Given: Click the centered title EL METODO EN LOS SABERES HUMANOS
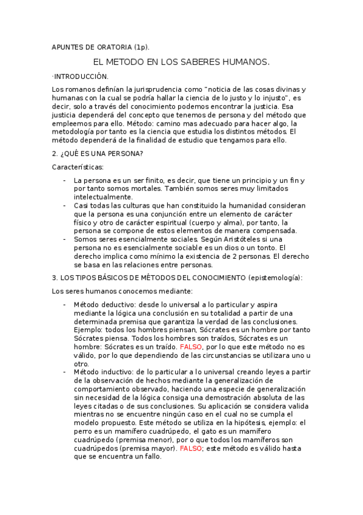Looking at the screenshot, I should tap(181, 62).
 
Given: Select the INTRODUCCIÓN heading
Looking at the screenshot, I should tap(80, 77).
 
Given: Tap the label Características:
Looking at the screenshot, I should tap(78, 166).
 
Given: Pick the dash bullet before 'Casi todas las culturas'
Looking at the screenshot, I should tap(65, 205).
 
